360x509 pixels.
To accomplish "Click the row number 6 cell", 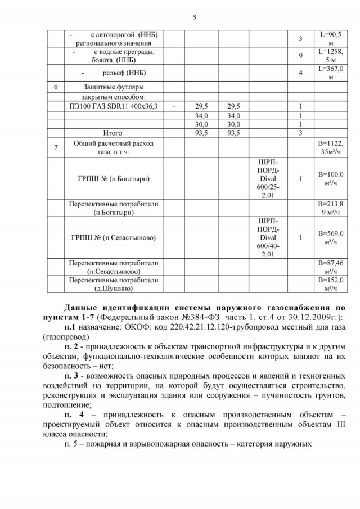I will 55,87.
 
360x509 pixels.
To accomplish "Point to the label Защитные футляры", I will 113,87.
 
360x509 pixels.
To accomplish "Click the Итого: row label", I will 113,133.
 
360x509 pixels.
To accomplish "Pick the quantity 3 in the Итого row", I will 301,133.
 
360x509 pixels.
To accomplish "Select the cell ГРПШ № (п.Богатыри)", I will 113,179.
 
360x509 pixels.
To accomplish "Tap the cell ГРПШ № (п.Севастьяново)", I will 113,237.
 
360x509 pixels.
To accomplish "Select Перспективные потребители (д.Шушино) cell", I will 113,284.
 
